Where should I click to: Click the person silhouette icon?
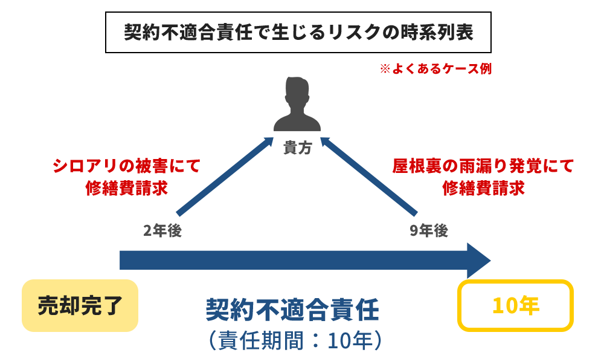coord(297,106)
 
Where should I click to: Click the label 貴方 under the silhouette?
coord(297,148)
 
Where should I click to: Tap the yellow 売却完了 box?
coord(80,305)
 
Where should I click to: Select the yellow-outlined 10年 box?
coord(515,305)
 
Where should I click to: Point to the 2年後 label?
coord(162,231)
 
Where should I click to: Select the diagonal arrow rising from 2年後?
coord(224,177)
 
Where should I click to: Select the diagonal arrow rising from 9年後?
coord(370,177)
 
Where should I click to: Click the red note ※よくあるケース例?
coord(435,69)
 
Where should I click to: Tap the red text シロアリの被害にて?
coord(126,166)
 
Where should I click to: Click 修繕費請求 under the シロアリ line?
coord(126,188)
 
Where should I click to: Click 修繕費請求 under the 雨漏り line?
coord(483,188)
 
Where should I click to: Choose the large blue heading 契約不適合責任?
coord(292,311)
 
